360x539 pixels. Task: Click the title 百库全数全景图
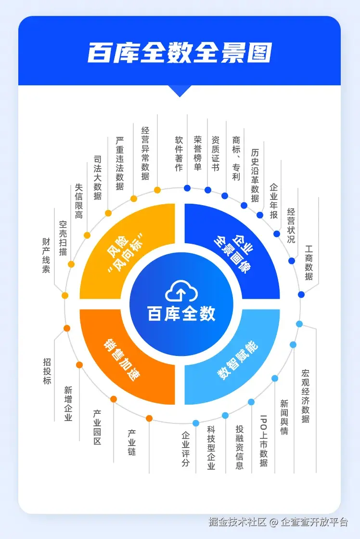click(180, 53)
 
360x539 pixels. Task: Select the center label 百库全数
click(181, 314)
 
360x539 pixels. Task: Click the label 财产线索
click(46, 255)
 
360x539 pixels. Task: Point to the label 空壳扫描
click(63, 238)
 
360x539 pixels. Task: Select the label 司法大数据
click(97, 177)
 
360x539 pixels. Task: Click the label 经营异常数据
click(145, 153)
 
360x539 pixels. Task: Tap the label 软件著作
click(179, 153)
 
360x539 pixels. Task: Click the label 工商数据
click(309, 263)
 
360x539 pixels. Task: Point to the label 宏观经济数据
click(306, 396)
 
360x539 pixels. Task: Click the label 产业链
click(131, 443)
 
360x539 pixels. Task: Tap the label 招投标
click(47, 371)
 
